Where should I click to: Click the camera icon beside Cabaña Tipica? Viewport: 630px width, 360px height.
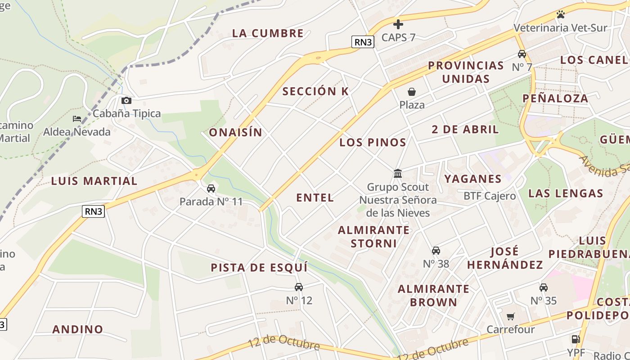tap(126, 100)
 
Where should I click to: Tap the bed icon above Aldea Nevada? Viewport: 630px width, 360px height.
tap(77, 119)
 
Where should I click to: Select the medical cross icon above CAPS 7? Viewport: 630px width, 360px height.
tap(398, 24)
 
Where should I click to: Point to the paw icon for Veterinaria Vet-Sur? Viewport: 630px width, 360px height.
tap(560, 14)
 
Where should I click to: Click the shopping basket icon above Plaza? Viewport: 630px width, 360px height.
tap(412, 92)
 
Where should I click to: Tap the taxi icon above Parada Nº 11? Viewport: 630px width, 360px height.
tap(211, 188)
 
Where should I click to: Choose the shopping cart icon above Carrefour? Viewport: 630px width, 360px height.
tap(510, 316)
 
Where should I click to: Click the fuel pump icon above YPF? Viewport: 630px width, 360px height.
tap(575, 339)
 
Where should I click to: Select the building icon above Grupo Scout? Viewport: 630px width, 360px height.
tap(398, 173)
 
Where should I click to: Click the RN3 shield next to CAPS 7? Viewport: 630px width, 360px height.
tap(363, 42)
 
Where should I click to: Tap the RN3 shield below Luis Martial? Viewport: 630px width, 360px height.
tap(93, 211)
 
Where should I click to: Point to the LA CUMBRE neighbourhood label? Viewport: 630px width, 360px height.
tap(268, 33)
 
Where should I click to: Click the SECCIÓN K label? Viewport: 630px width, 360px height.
tap(315, 91)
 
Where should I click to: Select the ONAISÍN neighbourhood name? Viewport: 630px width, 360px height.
tap(235, 132)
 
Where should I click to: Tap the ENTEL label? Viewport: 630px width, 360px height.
tap(315, 197)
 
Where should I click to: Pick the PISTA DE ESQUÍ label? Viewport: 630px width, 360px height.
tap(259, 267)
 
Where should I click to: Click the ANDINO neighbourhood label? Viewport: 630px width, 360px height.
tap(78, 329)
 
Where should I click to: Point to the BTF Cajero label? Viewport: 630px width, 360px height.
tap(490, 196)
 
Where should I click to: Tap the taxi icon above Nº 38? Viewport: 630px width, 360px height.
tap(436, 251)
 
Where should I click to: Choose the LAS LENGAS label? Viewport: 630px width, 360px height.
tap(565, 193)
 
